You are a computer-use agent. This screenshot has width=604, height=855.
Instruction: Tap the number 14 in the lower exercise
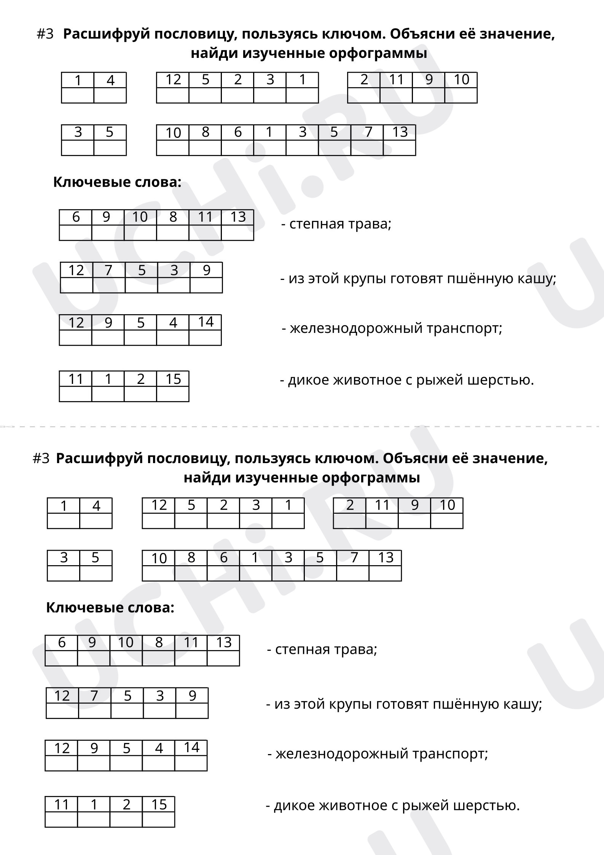click(191, 748)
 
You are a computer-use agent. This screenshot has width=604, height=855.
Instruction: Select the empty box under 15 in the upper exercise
click(173, 394)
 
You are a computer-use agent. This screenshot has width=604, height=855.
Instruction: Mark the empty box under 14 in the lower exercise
click(191, 763)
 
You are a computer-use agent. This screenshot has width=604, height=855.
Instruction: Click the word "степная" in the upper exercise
click(311, 224)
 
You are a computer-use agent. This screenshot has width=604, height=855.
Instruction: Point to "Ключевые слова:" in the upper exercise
click(117, 182)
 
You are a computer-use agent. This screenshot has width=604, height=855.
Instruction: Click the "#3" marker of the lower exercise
click(41, 459)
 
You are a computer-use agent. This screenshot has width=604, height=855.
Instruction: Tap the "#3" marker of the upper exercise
click(45, 34)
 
